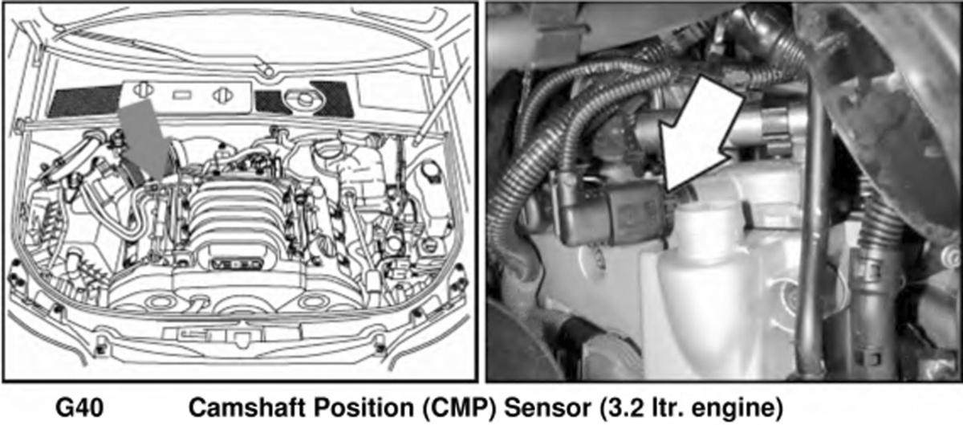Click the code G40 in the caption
[79, 408]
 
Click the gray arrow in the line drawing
[144, 138]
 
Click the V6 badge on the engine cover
[237, 263]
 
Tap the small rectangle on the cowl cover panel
[182, 94]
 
